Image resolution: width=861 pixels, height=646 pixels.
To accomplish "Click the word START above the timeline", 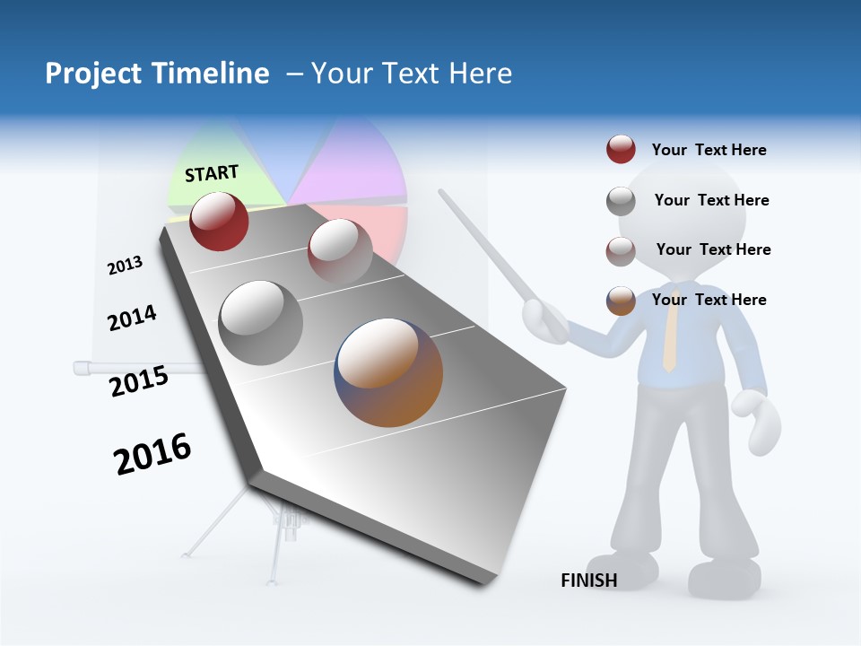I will [x=212, y=173].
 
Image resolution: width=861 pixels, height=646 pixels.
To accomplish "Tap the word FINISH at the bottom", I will [x=588, y=581].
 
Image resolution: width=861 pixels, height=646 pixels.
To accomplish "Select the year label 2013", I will [x=125, y=265].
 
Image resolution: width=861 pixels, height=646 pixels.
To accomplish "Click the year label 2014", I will [x=132, y=318].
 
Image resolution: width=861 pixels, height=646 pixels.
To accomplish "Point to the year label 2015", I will [x=139, y=380].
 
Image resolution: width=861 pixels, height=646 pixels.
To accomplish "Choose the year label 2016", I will [x=152, y=453].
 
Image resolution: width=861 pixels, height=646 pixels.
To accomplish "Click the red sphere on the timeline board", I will [x=219, y=221].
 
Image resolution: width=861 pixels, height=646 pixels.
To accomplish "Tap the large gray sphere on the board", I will [x=260, y=322].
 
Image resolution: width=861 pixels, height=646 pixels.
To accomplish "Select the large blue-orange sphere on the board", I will [x=388, y=371].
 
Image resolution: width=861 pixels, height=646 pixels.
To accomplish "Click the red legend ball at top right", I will [x=621, y=150].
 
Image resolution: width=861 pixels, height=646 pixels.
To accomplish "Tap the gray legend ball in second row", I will [x=621, y=201].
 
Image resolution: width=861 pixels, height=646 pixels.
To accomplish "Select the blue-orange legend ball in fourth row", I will [x=621, y=301].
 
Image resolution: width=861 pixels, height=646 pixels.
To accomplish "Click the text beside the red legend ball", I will [x=709, y=150].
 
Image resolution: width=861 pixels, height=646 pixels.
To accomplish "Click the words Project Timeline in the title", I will [x=157, y=74].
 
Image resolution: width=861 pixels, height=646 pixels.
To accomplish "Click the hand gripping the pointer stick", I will [x=544, y=319].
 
